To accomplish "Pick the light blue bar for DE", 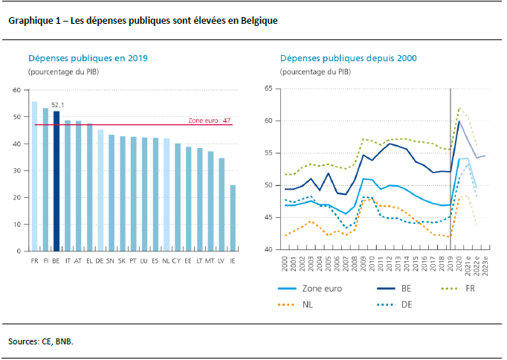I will (100, 190).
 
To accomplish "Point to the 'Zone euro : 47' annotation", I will (210, 120).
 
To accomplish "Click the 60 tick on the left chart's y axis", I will (16, 90).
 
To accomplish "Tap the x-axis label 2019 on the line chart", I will (451, 262).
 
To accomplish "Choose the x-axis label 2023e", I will (484, 263).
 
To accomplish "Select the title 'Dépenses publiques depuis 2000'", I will (348, 58).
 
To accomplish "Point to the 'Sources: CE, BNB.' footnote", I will (41, 341).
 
